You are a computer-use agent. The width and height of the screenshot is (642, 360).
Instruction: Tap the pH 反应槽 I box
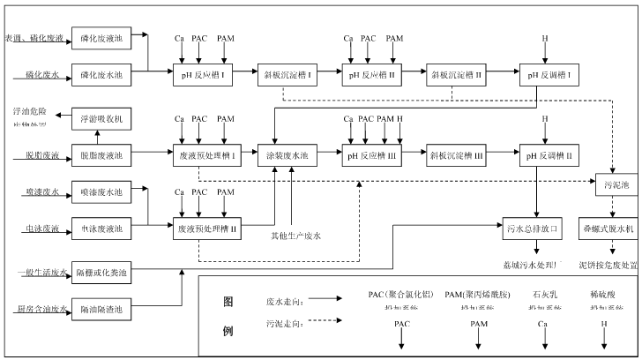click(x=202, y=75)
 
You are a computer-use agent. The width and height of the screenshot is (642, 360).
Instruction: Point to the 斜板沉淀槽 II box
click(x=455, y=75)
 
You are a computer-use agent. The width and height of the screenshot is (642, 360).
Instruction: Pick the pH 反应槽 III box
click(x=370, y=155)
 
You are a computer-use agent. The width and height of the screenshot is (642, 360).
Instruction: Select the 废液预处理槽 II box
click(x=202, y=229)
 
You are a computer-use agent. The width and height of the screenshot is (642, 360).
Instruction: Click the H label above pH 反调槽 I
click(x=544, y=39)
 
